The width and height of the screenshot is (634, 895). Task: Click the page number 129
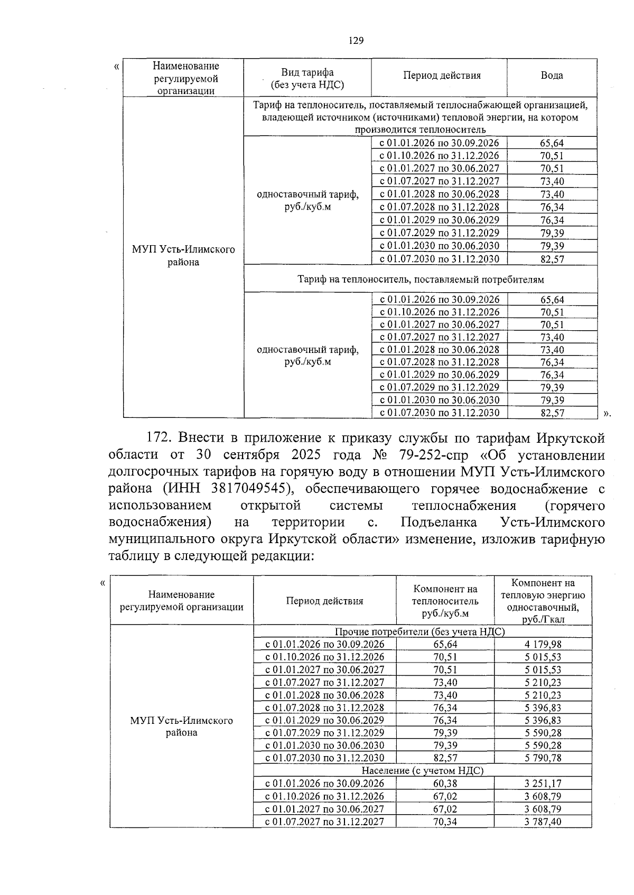(x=356, y=41)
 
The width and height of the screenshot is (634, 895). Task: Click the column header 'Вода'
(x=552, y=76)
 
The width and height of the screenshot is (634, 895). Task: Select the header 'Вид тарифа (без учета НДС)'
(x=307, y=78)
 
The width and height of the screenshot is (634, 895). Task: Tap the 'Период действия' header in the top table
(x=442, y=76)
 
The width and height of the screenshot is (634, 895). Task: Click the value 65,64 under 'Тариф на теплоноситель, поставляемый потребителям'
(x=552, y=300)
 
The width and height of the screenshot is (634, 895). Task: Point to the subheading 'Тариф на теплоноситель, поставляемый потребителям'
(x=421, y=279)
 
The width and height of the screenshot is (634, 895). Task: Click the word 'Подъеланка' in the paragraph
(x=439, y=523)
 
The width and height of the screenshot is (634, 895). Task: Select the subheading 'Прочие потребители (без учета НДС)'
(x=420, y=632)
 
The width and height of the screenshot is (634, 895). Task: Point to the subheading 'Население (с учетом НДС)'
(x=422, y=771)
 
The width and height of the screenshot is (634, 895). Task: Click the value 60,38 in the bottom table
(x=445, y=784)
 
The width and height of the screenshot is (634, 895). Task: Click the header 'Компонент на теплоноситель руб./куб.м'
(x=445, y=601)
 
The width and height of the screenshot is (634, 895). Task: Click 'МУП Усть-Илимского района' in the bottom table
(x=181, y=726)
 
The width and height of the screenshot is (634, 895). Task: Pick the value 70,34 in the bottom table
(x=445, y=822)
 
